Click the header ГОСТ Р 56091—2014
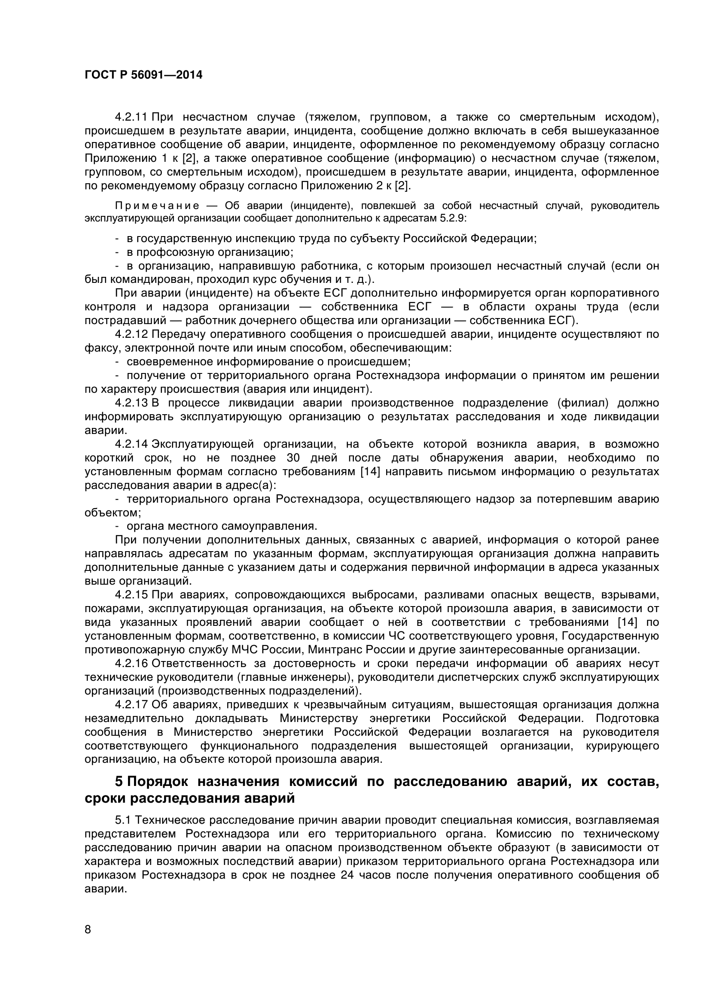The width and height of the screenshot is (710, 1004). tap(143, 75)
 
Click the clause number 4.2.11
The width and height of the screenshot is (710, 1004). tap(131, 117)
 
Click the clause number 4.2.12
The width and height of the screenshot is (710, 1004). tap(131, 334)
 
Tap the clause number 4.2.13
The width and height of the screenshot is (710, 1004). tap(131, 403)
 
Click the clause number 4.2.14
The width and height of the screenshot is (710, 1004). tap(131, 444)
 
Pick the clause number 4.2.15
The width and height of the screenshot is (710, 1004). tap(131, 595)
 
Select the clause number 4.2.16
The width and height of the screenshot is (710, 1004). tap(131, 663)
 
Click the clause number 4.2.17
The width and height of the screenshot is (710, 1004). tap(131, 704)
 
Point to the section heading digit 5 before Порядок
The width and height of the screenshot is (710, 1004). tap(119, 781)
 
